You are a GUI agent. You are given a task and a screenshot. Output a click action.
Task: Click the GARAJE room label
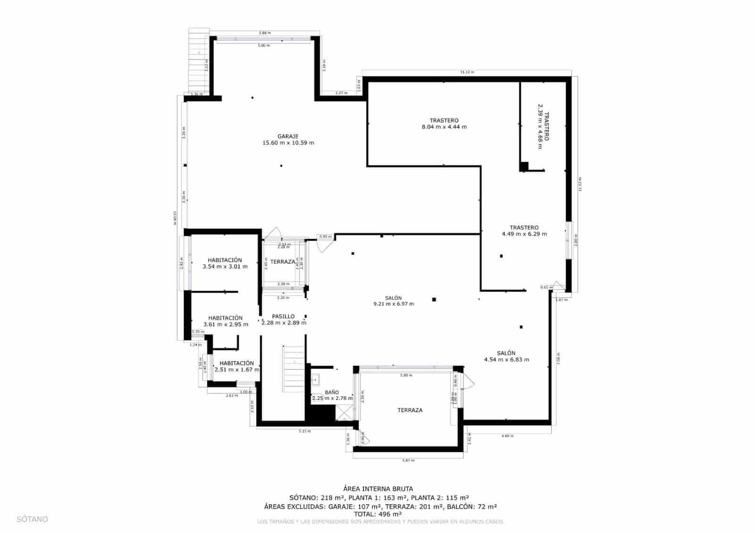pyautogui.click(x=288, y=136)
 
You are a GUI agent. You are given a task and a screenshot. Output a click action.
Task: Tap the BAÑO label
pyautogui.click(x=332, y=392)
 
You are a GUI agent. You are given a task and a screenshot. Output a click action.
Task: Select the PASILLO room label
pyautogui.click(x=283, y=316)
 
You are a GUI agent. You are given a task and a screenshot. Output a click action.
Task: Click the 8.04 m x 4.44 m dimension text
pyautogui.click(x=444, y=127)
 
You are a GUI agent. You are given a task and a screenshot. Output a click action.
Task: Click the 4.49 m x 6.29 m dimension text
pyautogui.click(x=524, y=234)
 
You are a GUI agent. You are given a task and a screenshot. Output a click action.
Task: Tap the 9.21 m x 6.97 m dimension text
pyautogui.click(x=394, y=304)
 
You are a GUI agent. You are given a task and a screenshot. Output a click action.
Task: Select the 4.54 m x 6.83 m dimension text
pyautogui.click(x=506, y=359)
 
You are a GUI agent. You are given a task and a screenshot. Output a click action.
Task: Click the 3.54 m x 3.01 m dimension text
pyautogui.click(x=225, y=266)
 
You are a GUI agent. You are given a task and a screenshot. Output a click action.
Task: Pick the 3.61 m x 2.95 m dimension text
pyautogui.click(x=226, y=325)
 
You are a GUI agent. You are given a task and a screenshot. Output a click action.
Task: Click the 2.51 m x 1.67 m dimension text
pyautogui.click(x=237, y=370)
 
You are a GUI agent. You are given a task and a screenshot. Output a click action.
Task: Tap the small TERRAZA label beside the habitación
pyautogui.click(x=283, y=262)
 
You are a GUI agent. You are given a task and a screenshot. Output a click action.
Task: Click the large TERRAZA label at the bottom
pyautogui.click(x=410, y=410)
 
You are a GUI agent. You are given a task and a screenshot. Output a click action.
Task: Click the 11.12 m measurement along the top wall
pyautogui.click(x=467, y=72)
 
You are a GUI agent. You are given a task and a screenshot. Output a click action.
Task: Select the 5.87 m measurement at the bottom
pyautogui.click(x=408, y=460)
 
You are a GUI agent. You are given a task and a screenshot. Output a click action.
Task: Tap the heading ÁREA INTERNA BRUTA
pyautogui.click(x=378, y=489)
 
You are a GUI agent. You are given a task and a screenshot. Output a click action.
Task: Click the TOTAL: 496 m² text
pyautogui.click(x=378, y=514)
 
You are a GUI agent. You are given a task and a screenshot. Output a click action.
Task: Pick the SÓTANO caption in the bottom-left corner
pyautogui.click(x=33, y=519)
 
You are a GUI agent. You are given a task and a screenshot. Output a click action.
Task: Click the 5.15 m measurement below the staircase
pyautogui.click(x=305, y=431)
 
